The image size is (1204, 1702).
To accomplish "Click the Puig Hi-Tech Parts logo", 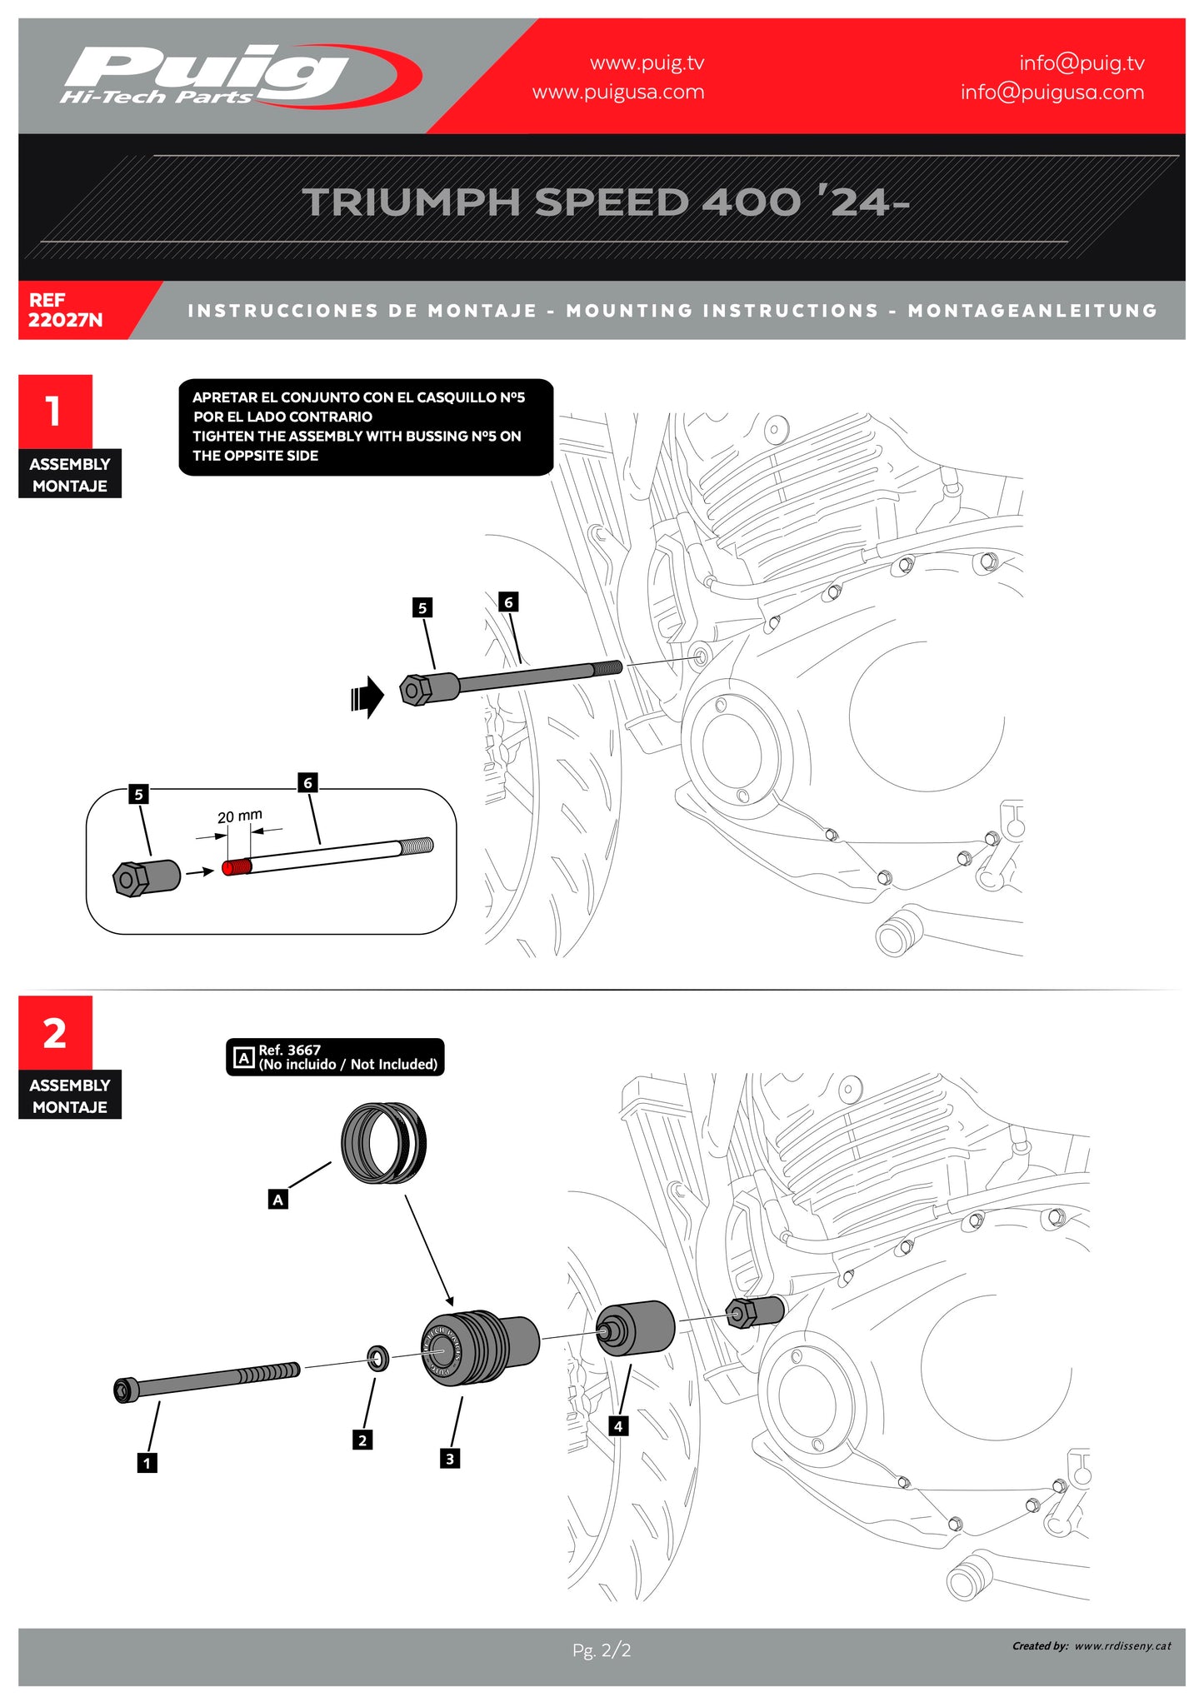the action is point(242,76).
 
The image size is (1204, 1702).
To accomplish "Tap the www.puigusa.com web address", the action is point(618,92).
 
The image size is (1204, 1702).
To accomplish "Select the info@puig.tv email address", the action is point(1082,63).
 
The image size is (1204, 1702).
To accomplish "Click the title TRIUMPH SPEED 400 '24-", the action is point(606,202).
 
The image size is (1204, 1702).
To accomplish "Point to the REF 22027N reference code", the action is point(65,310).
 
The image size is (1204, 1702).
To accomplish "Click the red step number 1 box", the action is point(55,411).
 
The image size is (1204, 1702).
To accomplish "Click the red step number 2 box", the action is point(55,1033).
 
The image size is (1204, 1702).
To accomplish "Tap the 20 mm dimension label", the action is point(240,816).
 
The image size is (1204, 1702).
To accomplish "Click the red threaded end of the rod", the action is point(237,867).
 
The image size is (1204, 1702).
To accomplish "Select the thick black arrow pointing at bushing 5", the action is point(367,696).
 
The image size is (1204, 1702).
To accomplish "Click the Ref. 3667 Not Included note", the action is point(335,1057).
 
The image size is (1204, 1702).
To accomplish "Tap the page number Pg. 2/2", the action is point(602,1650).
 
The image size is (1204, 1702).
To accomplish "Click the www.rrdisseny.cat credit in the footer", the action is point(1122,1645).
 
